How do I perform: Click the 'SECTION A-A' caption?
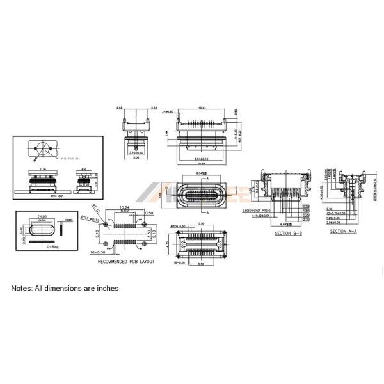[x=342, y=231]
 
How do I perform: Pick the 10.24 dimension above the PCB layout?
[x=125, y=208]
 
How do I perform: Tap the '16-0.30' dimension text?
[x=97, y=253]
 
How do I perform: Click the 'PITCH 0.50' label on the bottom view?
[x=178, y=226]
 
